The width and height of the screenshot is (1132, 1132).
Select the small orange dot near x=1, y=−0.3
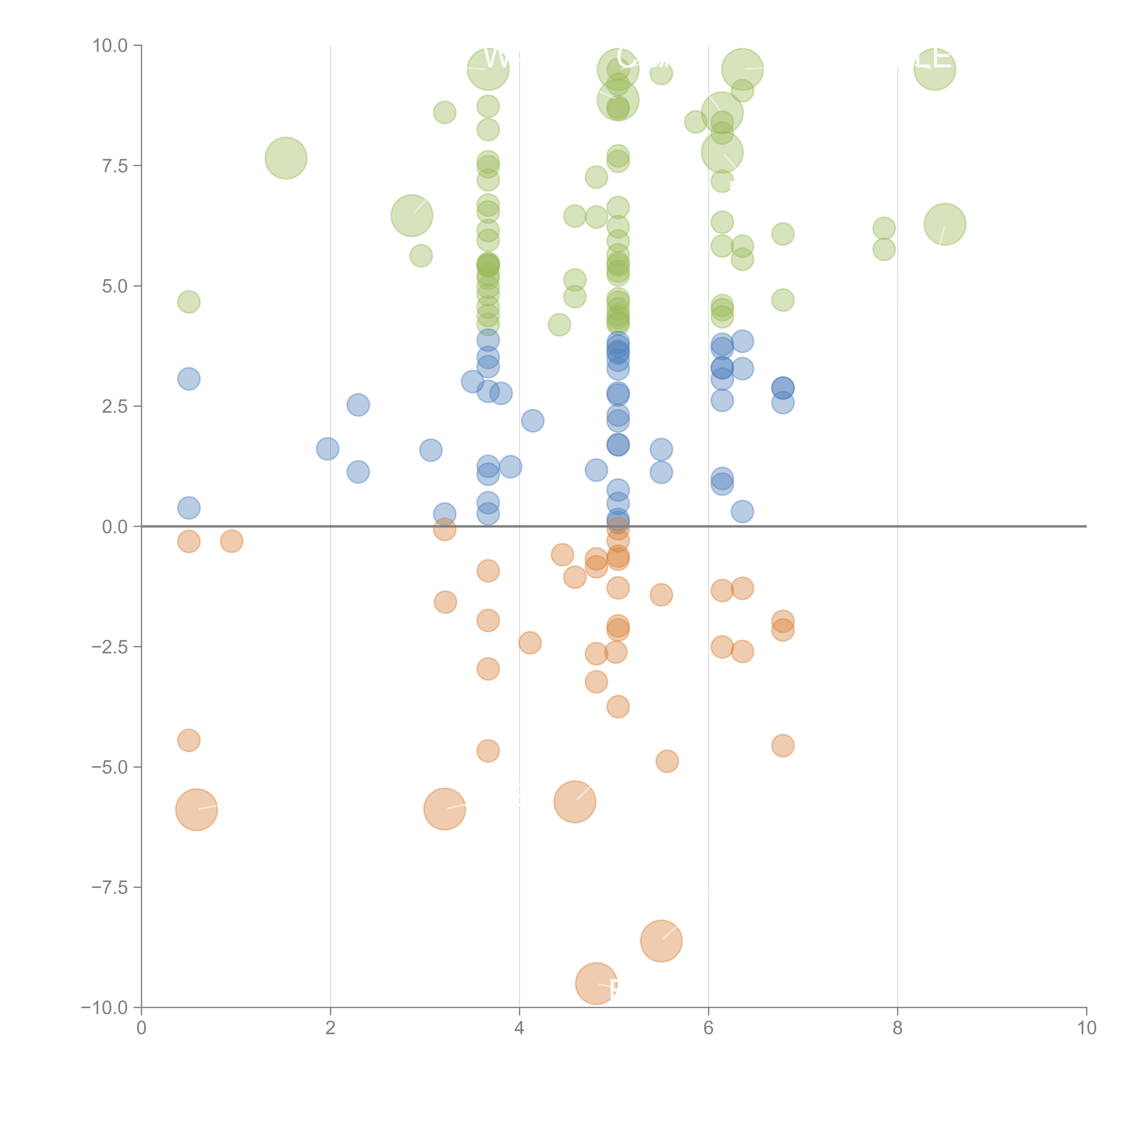(231, 541)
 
